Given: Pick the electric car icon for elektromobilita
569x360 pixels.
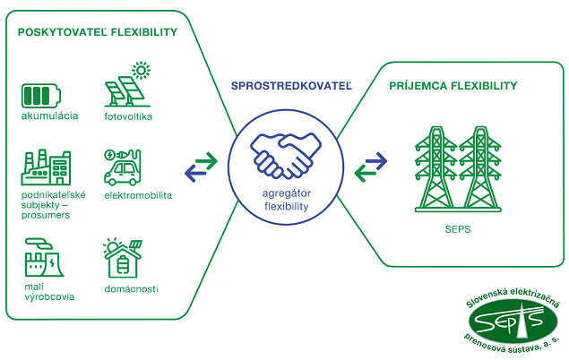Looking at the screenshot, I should pos(123,167).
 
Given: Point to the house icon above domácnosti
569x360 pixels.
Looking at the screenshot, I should pos(123,258).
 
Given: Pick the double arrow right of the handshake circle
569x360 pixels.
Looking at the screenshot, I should pos(370,165).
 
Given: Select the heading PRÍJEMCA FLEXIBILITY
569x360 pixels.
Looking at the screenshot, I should pos(453,86).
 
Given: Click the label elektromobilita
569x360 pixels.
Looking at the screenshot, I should pos(138,194).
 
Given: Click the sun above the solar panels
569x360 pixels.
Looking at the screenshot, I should pos(141,70).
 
